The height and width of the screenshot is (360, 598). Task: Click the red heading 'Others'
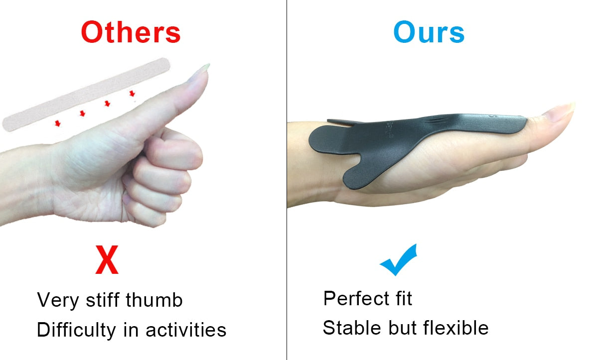click(x=131, y=32)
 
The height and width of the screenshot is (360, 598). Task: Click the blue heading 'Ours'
click(x=429, y=32)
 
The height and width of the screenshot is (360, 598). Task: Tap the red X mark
click(x=107, y=260)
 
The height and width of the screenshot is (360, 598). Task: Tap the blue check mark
click(x=399, y=259)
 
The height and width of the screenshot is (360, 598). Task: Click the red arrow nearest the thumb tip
click(x=132, y=93)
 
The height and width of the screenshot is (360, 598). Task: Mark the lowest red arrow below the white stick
click(x=58, y=123)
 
